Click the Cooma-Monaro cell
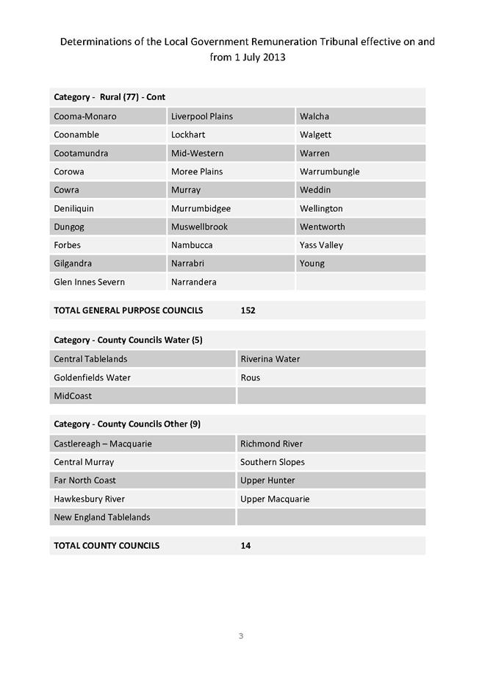coord(85,116)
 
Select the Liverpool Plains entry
coord(202,116)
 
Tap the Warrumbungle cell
coord(330,171)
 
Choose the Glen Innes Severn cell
coord(90,282)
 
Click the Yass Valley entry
coord(322,245)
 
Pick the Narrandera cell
coord(194,282)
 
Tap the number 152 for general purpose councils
coord(248,310)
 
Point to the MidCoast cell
coord(73,396)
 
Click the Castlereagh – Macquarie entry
coord(103,444)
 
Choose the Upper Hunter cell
coord(267,480)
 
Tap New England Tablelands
coord(101,517)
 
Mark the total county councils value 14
coord(245,546)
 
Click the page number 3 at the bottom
coord(240,636)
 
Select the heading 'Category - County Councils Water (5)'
coord(128,340)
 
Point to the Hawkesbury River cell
coord(90,499)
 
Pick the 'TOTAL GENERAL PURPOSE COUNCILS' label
coord(128,310)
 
